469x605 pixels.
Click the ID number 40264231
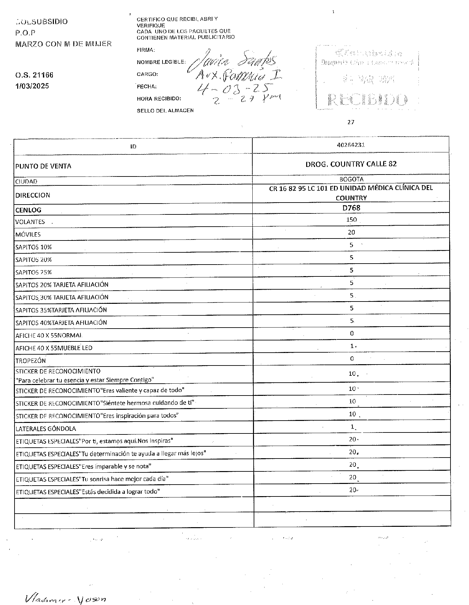point(351,145)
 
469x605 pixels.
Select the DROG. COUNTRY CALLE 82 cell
point(351,164)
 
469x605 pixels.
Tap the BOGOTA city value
point(351,179)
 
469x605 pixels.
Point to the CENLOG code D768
point(351,208)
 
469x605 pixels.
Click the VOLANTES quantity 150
point(351,220)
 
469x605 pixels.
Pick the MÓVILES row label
point(28,235)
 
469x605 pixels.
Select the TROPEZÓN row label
point(30,361)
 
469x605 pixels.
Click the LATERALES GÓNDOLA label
point(46,429)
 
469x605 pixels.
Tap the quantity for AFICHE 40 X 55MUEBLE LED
point(352,346)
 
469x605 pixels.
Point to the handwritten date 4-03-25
point(231,88)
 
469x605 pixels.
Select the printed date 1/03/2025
point(32,86)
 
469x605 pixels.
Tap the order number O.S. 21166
point(34,75)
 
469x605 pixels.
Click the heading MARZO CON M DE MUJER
point(63,44)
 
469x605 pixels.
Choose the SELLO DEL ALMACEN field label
point(165,111)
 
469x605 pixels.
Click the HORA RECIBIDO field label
point(159,99)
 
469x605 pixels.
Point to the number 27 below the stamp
point(351,122)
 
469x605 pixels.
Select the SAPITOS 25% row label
point(33,272)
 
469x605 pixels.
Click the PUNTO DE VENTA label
point(43,166)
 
